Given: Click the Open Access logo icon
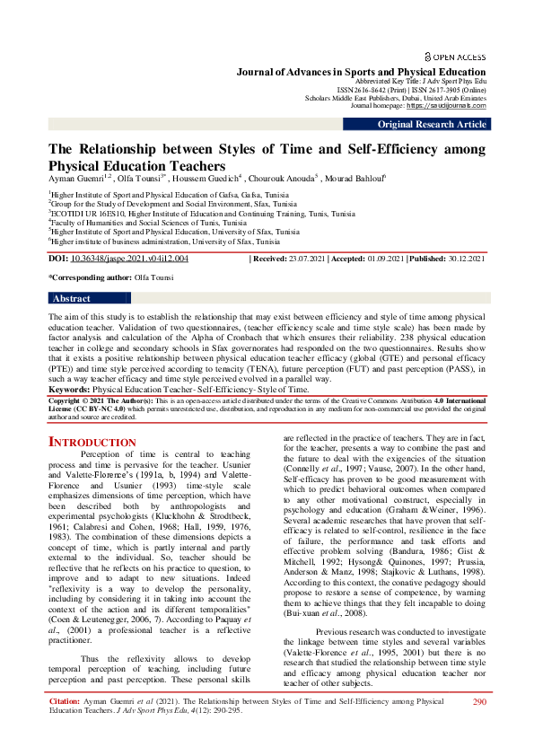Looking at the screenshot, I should click(428, 56).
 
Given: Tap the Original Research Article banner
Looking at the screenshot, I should click(433, 125).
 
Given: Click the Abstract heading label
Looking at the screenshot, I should click(71, 298).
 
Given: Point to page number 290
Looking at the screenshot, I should click(478, 726).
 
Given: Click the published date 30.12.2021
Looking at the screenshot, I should click(460, 259).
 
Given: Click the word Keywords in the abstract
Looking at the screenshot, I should click(68, 390).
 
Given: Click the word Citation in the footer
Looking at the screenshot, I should click(66, 725).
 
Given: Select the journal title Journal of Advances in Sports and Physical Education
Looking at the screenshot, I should click(361, 71).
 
